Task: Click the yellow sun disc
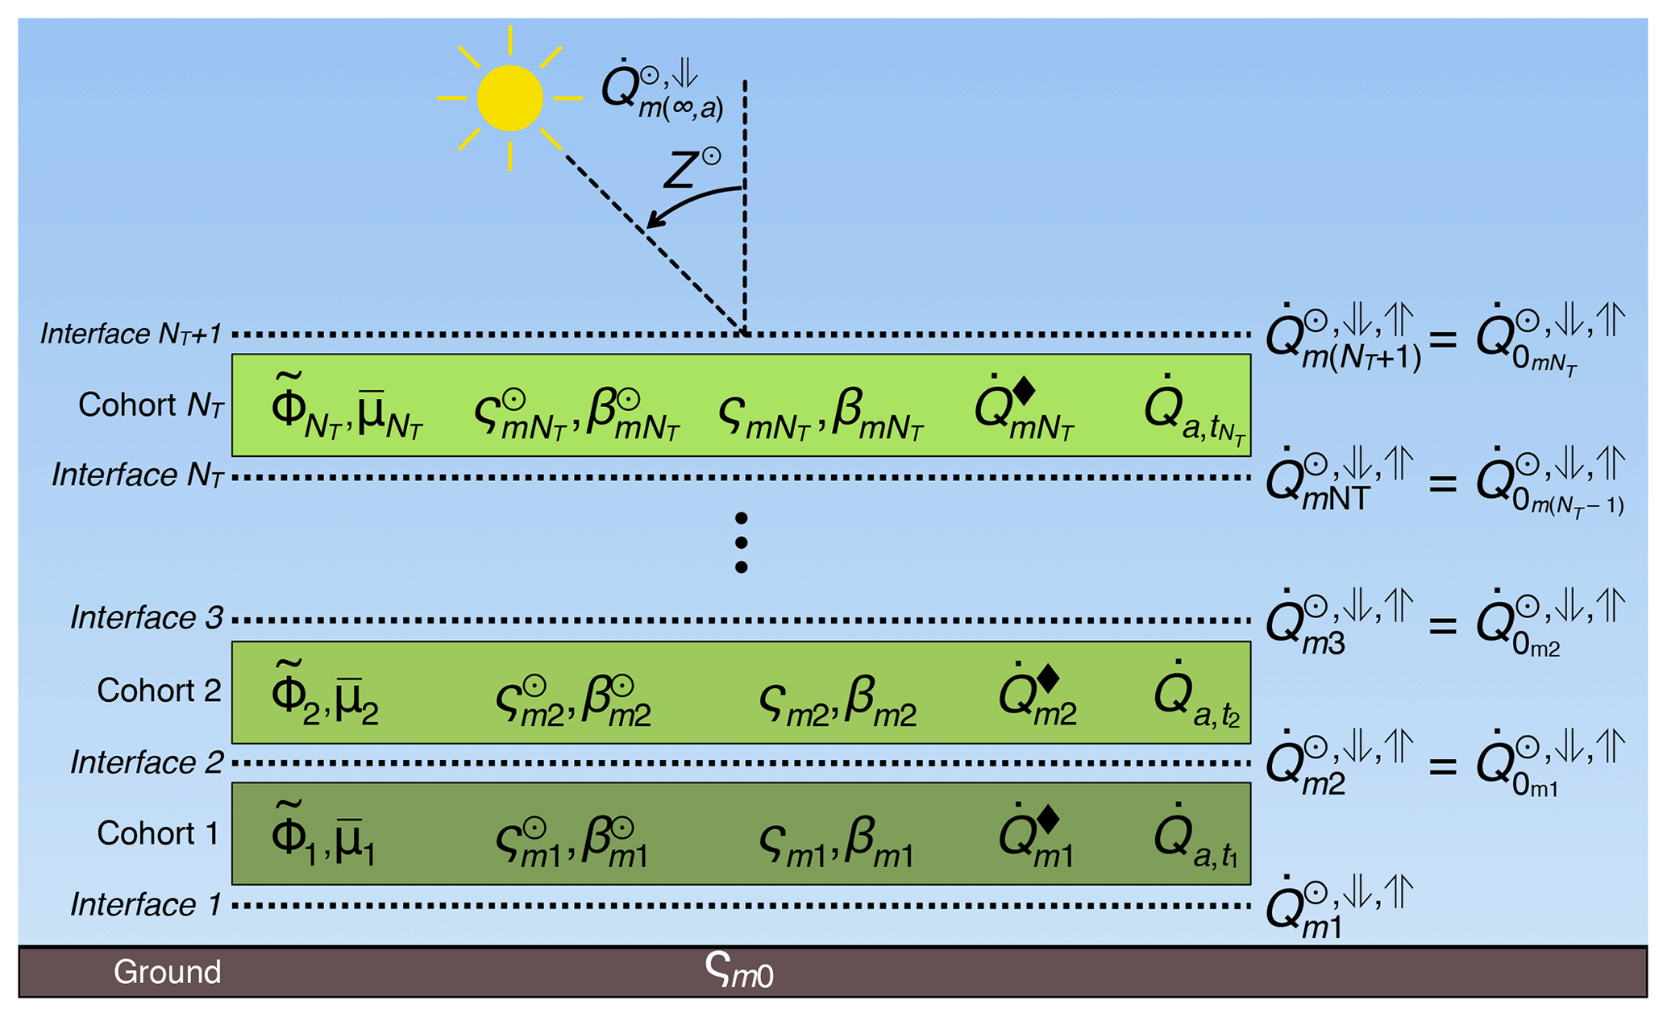[509, 98]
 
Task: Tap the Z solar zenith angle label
[690, 169]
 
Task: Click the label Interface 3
[146, 618]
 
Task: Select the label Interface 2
[146, 762]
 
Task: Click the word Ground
[167, 972]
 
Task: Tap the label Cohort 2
[158, 691]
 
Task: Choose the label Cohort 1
[158, 833]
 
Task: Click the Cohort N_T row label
[150, 405]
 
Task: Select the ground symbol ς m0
[738, 970]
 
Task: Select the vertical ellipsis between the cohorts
[741, 542]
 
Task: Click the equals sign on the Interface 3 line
[1443, 625]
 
